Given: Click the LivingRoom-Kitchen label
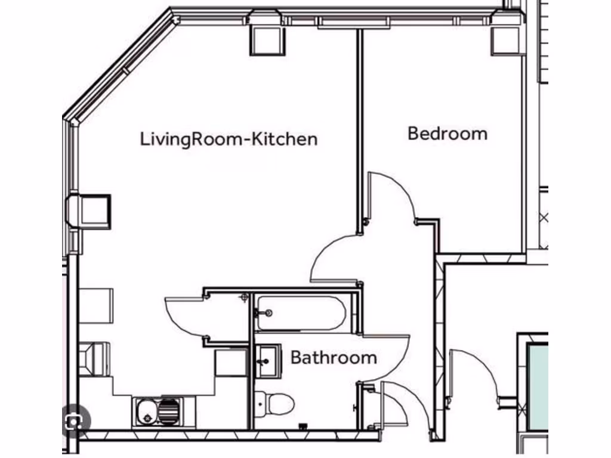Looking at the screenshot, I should click(229, 140).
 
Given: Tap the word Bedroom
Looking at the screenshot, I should click(447, 133).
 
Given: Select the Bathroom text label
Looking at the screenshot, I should click(333, 358).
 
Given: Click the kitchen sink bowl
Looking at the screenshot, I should click(146, 411).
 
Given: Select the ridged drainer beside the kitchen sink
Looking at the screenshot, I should click(169, 411).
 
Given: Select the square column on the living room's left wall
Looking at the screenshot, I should click(93, 211).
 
